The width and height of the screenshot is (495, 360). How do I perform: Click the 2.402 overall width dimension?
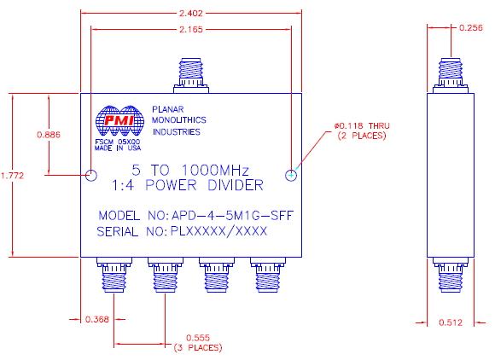(x=191, y=15)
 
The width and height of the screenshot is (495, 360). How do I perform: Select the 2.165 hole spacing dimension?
(x=191, y=30)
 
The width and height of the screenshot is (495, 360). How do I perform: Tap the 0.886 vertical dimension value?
(x=49, y=135)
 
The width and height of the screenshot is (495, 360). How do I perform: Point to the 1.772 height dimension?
(x=12, y=175)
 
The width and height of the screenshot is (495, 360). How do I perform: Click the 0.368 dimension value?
(x=96, y=320)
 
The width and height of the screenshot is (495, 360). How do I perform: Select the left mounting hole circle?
(x=90, y=175)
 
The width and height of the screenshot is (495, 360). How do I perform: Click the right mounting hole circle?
(x=292, y=175)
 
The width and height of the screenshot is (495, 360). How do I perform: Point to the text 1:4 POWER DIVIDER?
(x=187, y=185)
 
